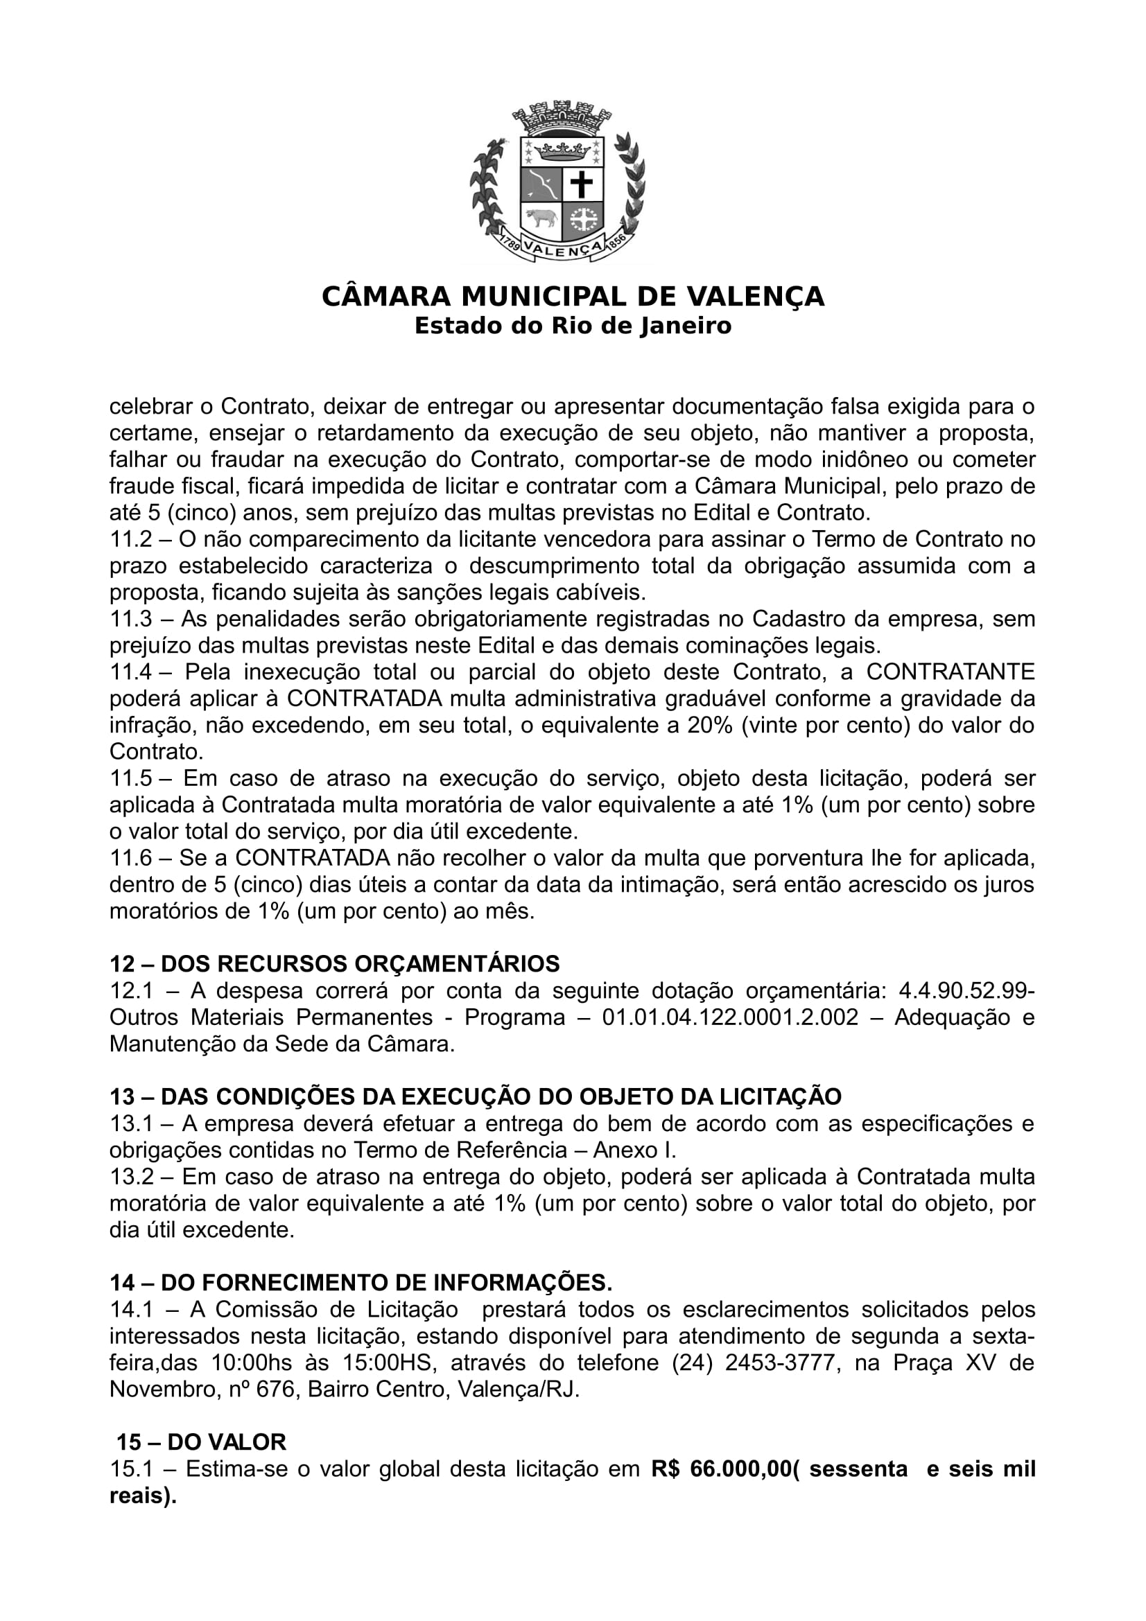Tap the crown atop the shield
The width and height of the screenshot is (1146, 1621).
tap(562, 150)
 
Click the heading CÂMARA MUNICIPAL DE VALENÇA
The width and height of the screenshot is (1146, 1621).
tap(573, 297)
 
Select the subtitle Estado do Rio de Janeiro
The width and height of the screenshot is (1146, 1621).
tap(573, 326)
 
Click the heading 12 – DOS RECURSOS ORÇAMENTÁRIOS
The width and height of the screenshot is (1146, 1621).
tap(334, 964)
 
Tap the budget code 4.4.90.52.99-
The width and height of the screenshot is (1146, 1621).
tap(966, 990)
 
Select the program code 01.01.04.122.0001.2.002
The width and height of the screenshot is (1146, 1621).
tap(731, 1017)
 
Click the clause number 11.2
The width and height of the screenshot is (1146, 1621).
tap(131, 539)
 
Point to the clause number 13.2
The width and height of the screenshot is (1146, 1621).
tap(131, 1177)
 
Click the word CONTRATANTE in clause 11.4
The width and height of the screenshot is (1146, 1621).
tap(950, 672)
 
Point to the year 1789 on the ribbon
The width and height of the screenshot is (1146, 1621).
tap(510, 243)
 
